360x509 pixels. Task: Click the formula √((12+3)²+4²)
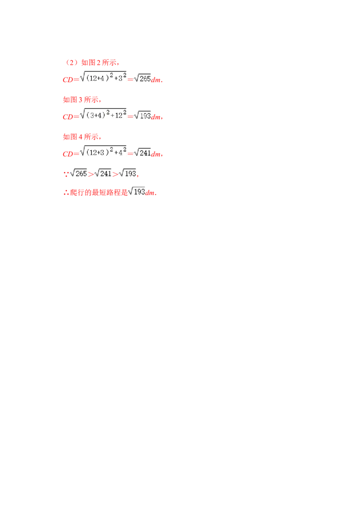pyautogui.click(x=104, y=152)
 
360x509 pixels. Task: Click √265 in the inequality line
pyautogui.click(x=78, y=173)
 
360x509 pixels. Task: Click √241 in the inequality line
pyautogui.click(x=103, y=173)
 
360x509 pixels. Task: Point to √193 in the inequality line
pyautogui.click(x=127, y=173)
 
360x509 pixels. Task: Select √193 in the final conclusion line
pyautogui.click(x=136, y=192)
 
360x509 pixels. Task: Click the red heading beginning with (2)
pyautogui.click(x=92, y=63)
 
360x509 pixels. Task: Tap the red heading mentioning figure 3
pyautogui.click(x=81, y=99)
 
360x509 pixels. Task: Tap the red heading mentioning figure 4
pyautogui.click(x=81, y=136)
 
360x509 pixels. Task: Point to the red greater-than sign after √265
pyautogui.click(x=90, y=174)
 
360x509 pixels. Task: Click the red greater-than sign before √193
pyautogui.click(x=115, y=174)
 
